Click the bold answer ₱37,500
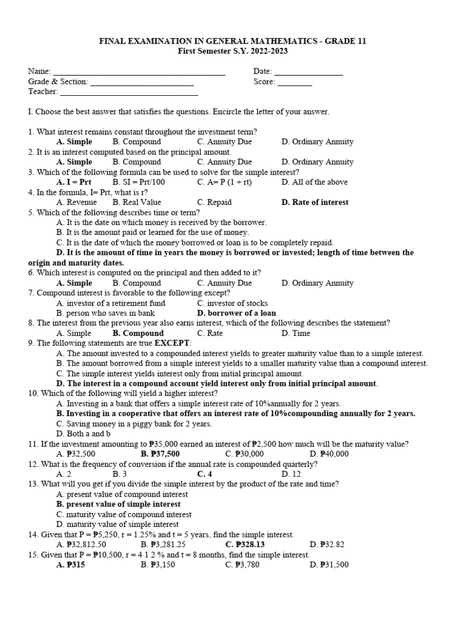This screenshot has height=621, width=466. click(160, 454)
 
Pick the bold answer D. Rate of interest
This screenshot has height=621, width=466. click(315, 202)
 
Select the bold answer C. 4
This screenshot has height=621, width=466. click(204, 474)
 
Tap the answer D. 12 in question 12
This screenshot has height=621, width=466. click(291, 474)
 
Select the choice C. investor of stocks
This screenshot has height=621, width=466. click(232, 303)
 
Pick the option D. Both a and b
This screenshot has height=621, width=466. click(83, 434)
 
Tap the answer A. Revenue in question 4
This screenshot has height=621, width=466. click(76, 202)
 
